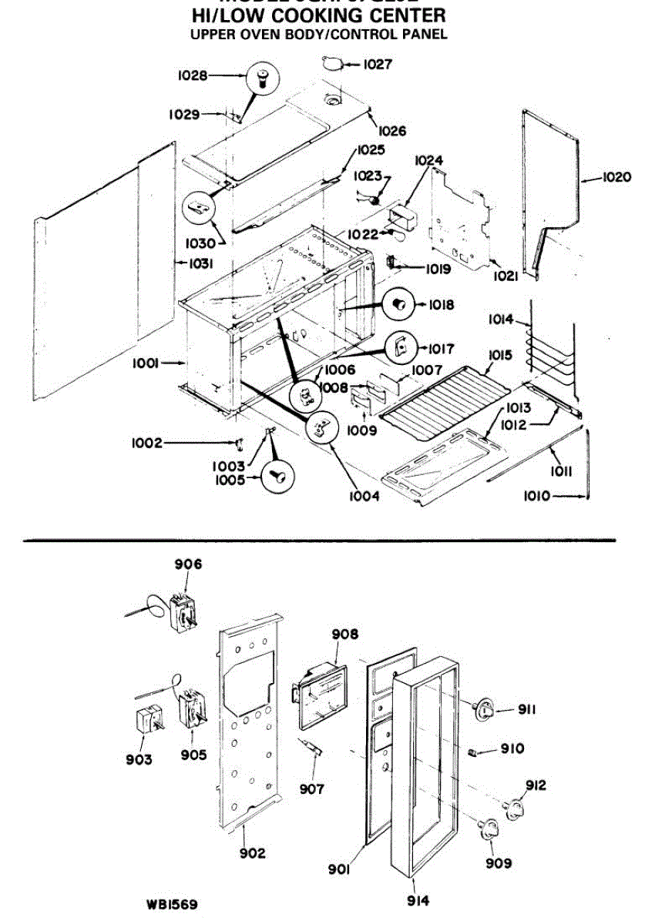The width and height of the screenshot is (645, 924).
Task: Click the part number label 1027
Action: tap(377, 65)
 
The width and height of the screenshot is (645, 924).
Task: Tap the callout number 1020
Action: tap(616, 177)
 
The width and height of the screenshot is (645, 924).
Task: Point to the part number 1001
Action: tap(146, 364)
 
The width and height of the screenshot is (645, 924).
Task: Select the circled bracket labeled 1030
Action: tap(199, 208)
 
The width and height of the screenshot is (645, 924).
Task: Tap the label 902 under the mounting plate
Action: tap(251, 852)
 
